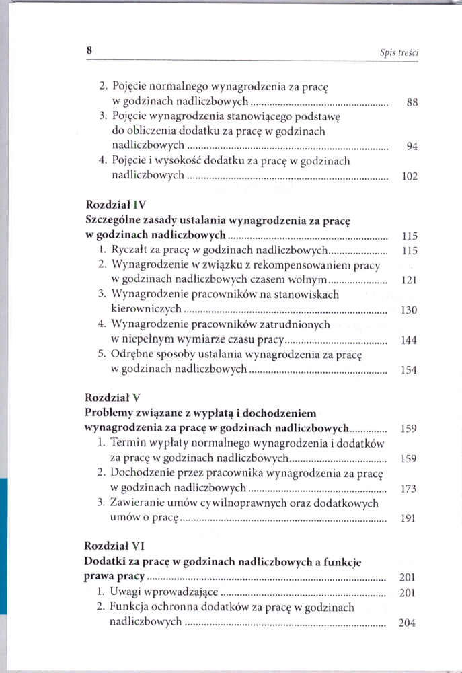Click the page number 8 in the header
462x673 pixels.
[x=88, y=50]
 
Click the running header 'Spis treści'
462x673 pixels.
[x=399, y=52]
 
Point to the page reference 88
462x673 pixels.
[x=413, y=104]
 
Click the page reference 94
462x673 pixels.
[x=413, y=148]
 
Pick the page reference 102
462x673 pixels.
[x=410, y=177]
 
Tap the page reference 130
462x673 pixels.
[x=409, y=310]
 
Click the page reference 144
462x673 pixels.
[x=409, y=341]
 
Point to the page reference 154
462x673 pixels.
[x=409, y=371]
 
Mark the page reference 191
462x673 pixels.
[x=408, y=518]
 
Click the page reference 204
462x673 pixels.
[x=408, y=623]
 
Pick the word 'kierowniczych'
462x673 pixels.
[x=145, y=310]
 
